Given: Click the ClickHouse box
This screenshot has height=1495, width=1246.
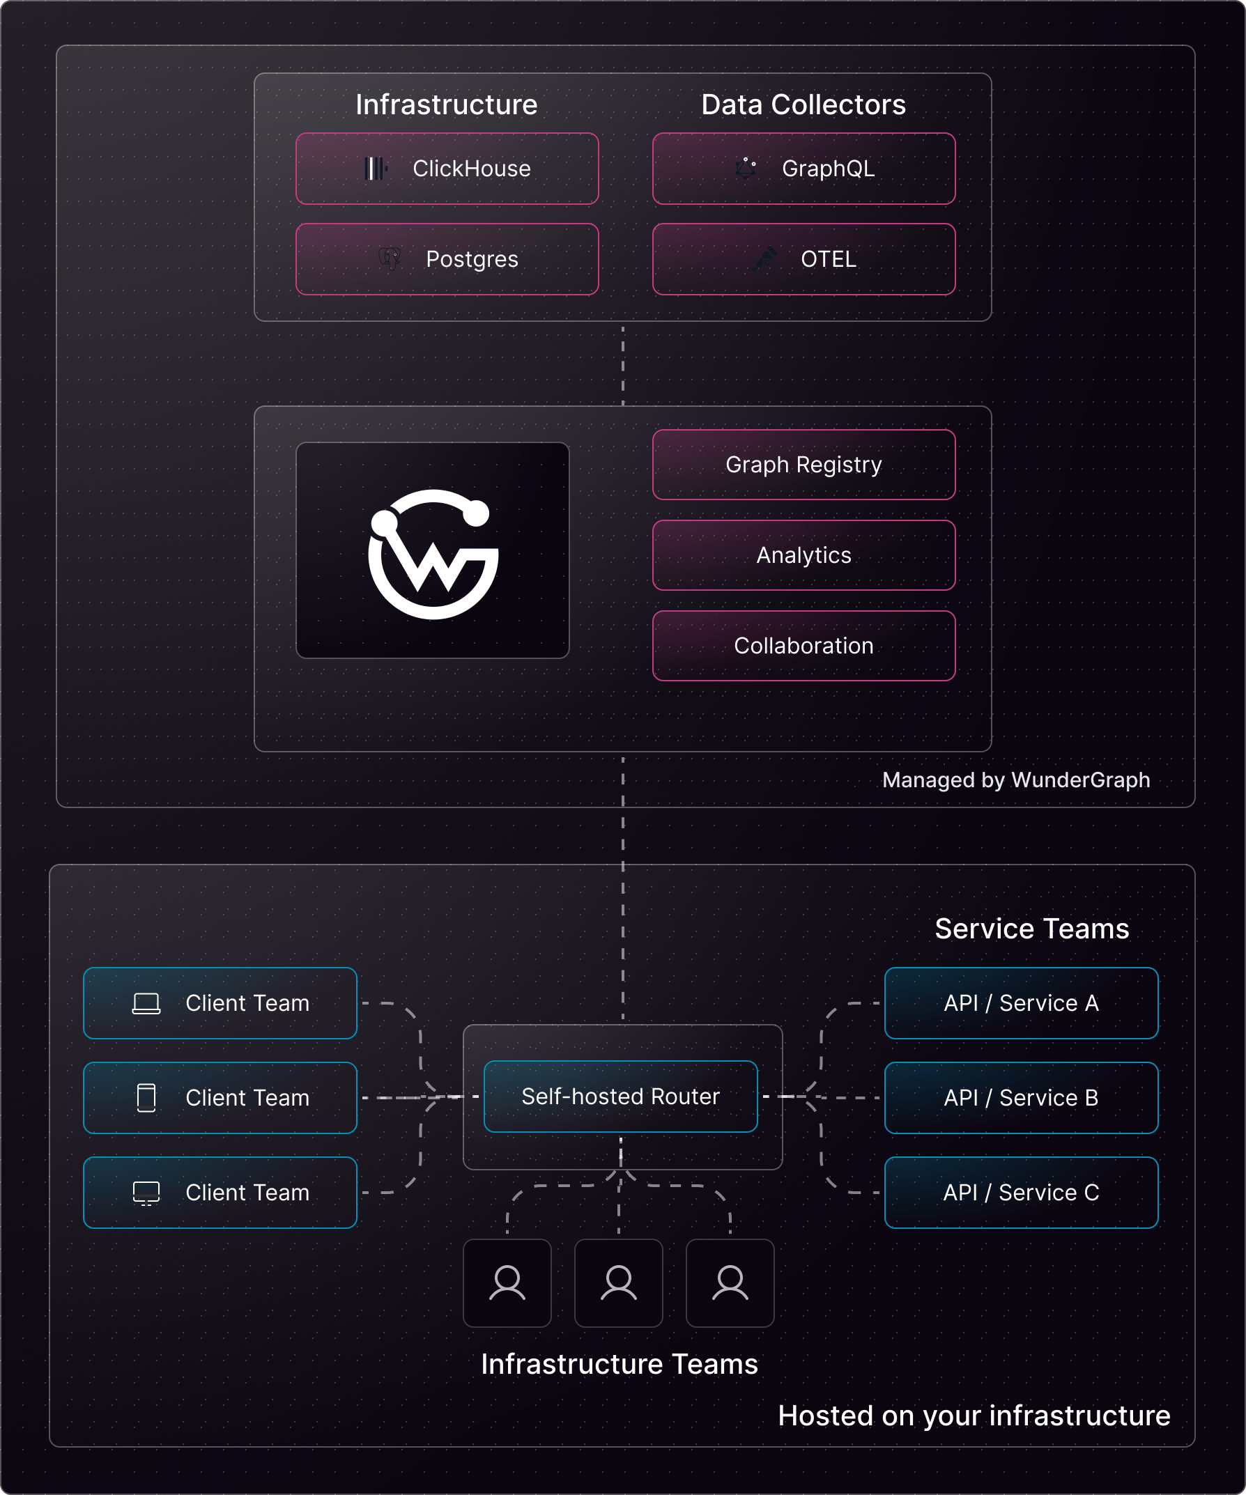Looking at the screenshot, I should pyautogui.click(x=447, y=169).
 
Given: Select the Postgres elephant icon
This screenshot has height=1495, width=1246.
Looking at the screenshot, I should pyautogui.click(x=390, y=258).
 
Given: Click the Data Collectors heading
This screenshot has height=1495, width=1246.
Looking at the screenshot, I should pyautogui.click(x=803, y=104).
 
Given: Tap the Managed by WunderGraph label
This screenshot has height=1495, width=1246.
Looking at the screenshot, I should pyautogui.click(x=1015, y=780).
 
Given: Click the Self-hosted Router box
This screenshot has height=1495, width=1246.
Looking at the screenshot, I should pyautogui.click(x=620, y=1097).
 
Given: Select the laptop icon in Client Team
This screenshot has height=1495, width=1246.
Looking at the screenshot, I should pyautogui.click(x=146, y=1003).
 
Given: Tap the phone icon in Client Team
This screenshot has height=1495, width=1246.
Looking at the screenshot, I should pyautogui.click(x=146, y=1097).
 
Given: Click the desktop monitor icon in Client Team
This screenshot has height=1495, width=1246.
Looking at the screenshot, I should pyautogui.click(x=146, y=1193).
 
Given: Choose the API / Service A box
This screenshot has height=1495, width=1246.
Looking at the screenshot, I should pyautogui.click(x=1021, y=1003).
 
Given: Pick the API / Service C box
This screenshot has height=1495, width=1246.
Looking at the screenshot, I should pyautogui.click(x=1021, y=1193).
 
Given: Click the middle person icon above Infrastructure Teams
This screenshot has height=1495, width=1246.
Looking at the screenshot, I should pyautogui.click(x=619, y=1283).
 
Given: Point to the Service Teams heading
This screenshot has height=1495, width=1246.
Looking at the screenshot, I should pyautogui.click(x=1031, y=929).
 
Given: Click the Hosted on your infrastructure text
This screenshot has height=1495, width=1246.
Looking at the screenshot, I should pyautogui.click(x=974, y=1416).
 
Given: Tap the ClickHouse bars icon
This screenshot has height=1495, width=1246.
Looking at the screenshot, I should pyautogui.click(x=375, y=169).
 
